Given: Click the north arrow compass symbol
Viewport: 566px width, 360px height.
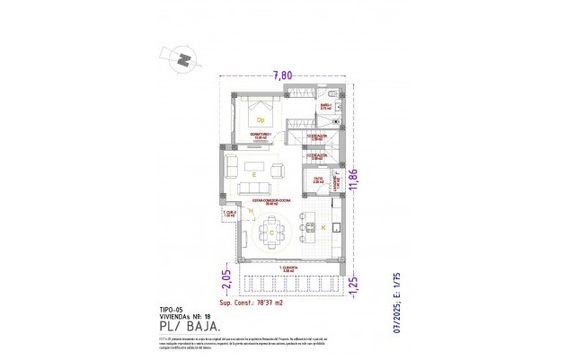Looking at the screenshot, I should pyautogui.click(x=181, y=60).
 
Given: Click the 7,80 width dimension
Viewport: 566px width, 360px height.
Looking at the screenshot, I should pyautogui.click(x=285, y=75).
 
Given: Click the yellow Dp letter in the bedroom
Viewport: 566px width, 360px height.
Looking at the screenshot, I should pyautogui.click(x=261, y=119).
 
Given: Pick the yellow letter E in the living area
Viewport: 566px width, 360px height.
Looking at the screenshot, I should pyautogui.click(x=254, y=173).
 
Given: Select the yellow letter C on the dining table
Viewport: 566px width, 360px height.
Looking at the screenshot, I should pyautogui.click(x=271, y=231).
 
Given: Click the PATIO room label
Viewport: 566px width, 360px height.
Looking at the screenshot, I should pyautogui.click(x=318, y=180).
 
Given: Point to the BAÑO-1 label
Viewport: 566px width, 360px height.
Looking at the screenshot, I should pyautogui.click(x=326, y=106).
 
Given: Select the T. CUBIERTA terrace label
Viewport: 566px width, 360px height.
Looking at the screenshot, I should pyautogui.click(x=287, y=268).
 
